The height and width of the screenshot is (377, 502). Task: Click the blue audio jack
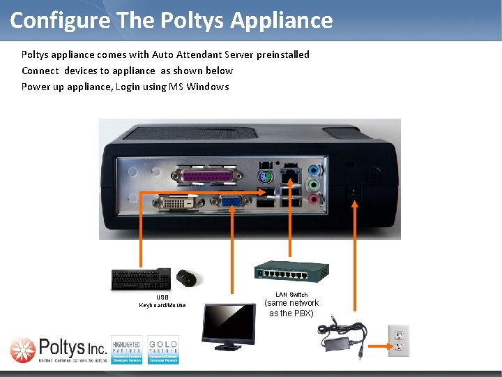click(314, 170)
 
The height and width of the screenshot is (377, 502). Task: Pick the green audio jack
click(314, 185)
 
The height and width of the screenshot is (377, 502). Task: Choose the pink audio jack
click(314, 200)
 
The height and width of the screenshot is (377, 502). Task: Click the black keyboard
click(142, 279)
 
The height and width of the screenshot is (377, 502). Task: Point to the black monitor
click(228, 325)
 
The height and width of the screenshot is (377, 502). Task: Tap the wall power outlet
click(399, 340)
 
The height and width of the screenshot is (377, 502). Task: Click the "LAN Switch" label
click(291, 295)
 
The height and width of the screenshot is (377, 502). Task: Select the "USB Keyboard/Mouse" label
click(162, 302)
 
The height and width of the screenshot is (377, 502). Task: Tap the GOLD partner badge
click(163, 349)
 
